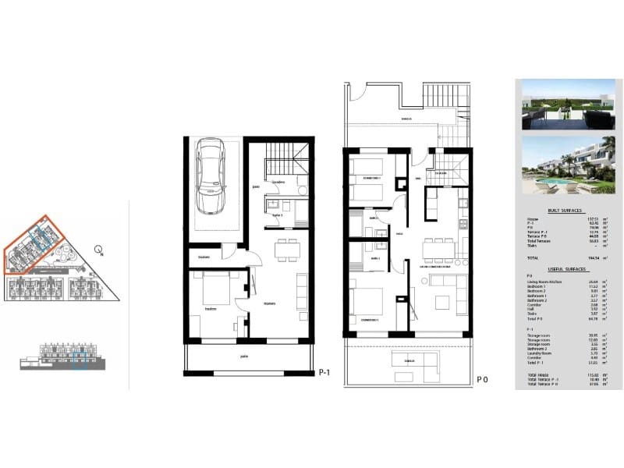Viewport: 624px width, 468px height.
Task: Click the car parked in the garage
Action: [211, 176]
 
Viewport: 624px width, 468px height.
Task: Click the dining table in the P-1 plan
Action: [288, 250]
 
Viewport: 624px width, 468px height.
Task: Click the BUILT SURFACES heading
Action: [565, 211]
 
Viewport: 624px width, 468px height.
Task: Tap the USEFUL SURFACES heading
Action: [565, 269]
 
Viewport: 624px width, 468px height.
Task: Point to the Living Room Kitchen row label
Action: [544, 281]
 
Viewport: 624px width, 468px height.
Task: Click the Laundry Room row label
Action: [540, 354]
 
